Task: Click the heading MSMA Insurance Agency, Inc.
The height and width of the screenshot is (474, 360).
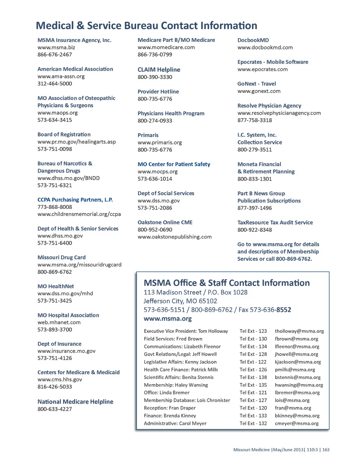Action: (74, 40)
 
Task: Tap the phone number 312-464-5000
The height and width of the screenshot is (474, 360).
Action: (55, 84)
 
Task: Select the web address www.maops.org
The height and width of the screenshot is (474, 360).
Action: (57, 112)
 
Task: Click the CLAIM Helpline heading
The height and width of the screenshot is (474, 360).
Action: (159, 70)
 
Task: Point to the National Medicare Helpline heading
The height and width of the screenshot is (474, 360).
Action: (75, 402)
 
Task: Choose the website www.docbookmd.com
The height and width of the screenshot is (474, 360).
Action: (265, 48)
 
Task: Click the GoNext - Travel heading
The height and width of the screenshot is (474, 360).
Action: (256, 84)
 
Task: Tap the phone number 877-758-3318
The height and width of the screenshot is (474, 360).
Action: (255, 120)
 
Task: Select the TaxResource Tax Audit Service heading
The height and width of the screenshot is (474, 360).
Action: (275, 223)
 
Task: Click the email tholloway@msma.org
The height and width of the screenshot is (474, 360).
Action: (299, 331)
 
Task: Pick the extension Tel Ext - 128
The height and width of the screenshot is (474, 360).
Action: (253, 354)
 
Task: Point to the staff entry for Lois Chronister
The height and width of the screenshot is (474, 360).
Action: (187, 400)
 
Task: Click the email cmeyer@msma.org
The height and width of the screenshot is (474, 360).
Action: (297, 423)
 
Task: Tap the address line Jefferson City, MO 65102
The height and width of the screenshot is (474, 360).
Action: (180, 301)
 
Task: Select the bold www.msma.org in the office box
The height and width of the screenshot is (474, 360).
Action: (167, 318)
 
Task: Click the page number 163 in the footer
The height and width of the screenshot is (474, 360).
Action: (326, 450)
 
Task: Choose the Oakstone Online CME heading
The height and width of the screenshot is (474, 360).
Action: (165, 223)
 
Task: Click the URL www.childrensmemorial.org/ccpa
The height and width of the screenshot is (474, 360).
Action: (79, 214)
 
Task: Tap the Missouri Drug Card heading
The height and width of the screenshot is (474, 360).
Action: (61, 257)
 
